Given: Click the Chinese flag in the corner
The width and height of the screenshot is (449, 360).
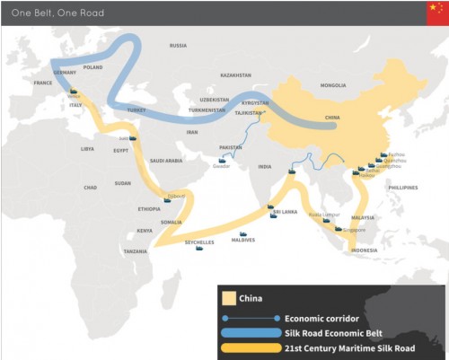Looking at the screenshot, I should click(x=436, y=13).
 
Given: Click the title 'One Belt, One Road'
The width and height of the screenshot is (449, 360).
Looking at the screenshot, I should click(x=45, y=13).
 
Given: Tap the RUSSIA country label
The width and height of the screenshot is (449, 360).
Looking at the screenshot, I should click(x=178, y=45).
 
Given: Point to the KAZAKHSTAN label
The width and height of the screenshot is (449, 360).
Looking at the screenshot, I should click(x=235, y=75).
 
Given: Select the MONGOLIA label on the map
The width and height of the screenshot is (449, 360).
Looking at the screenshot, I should click(x=332, y=85).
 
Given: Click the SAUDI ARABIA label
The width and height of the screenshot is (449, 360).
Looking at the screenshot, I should click(x=166, y=161).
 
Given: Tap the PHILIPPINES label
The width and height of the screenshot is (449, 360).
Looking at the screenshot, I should click(x=404, y=187).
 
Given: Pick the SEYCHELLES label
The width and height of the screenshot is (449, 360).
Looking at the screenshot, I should click(x=199, y=242).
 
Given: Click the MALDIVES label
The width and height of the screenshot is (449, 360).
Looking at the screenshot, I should click(x=242, y=240).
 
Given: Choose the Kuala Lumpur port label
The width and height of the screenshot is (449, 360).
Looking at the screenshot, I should click(x=321, y=214).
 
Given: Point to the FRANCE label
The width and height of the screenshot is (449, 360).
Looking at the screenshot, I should click(x=43, y=82).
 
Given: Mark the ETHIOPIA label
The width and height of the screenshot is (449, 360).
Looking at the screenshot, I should click(x=149, y=208).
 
